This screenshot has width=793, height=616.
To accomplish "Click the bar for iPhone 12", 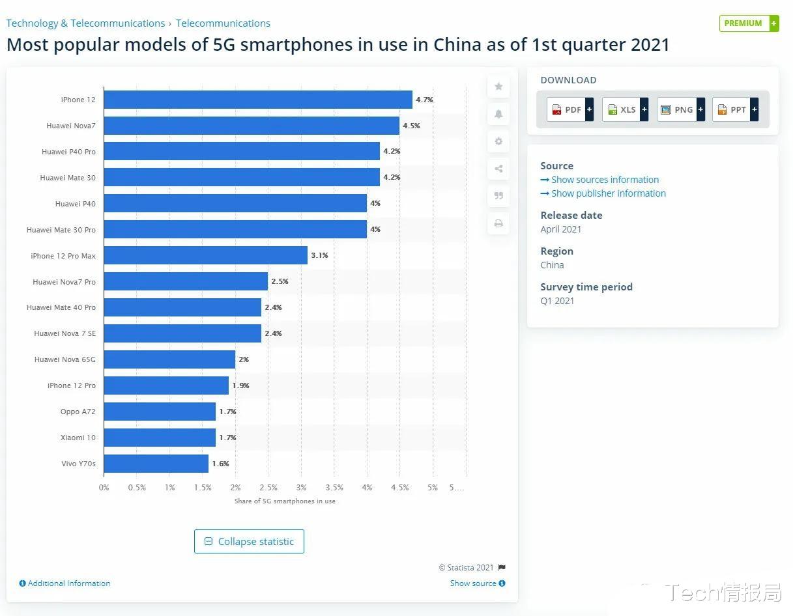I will coord(257,100).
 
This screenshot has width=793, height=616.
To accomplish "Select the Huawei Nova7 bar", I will coord(251,126).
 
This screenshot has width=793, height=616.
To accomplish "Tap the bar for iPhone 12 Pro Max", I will coord(205,255).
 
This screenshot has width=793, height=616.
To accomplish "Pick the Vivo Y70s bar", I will coord(156,464).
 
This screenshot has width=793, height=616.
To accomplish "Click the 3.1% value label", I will coord(319,255).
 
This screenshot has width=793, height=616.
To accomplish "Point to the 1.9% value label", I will coord(240,385).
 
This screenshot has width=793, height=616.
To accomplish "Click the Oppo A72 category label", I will coord(78,412).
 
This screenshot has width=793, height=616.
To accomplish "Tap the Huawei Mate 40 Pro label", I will coord(61,307).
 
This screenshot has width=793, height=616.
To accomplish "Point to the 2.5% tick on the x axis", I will coord(268,488).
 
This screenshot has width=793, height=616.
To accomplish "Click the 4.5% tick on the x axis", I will coord(400,488).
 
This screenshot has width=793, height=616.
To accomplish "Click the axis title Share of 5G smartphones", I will coord(285,501).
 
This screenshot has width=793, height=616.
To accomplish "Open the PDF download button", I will coord(570,109).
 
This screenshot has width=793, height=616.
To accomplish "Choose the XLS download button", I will coord(625,109).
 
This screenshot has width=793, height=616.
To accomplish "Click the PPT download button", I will coord(735,109).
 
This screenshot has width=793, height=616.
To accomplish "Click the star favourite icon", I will coord(498,87).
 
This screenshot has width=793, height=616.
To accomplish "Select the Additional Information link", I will coord(65,583).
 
